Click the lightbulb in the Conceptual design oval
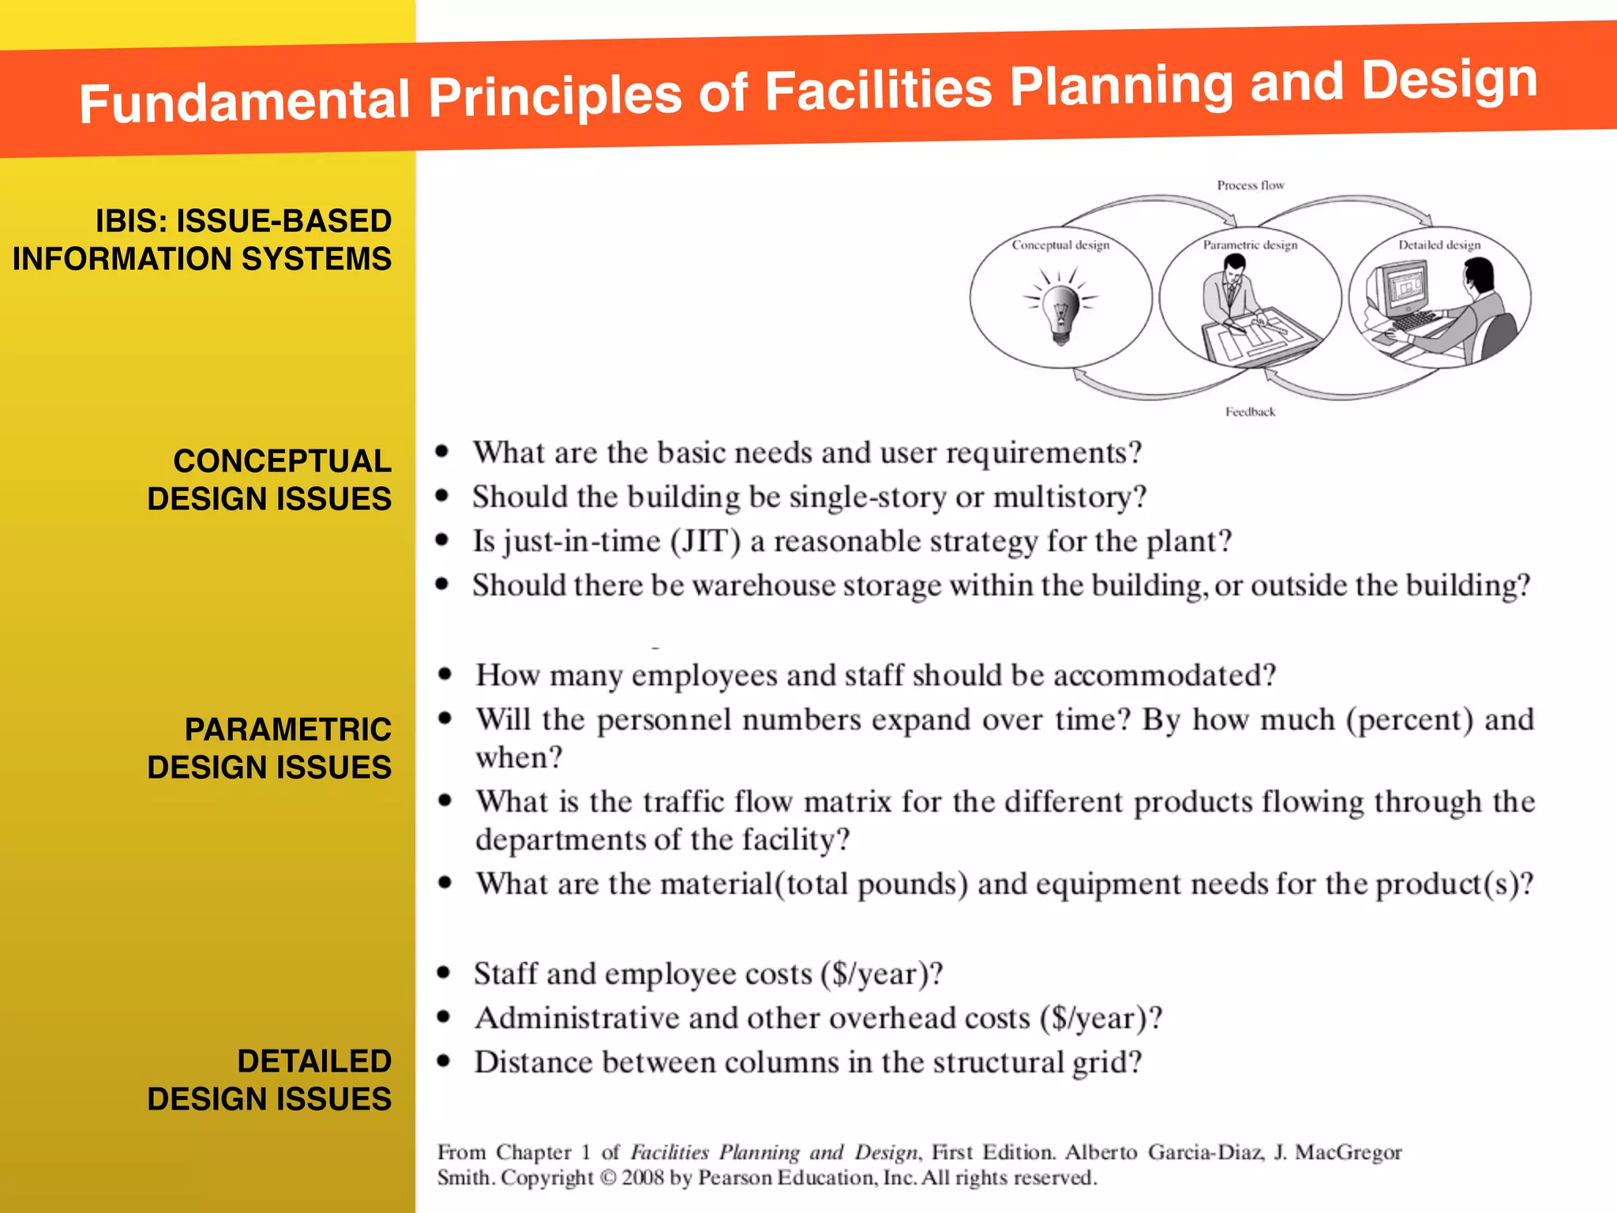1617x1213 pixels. (1060, 310)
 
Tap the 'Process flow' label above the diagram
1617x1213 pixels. (1250, 186)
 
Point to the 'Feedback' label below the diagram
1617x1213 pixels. (1250, 411)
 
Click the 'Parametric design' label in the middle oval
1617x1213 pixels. (1250, 245)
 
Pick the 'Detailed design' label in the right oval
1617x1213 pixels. (1439, 245)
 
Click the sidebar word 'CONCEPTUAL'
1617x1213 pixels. (282, 461)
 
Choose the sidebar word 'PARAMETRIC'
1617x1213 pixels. (287, 730)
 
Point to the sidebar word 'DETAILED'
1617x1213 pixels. (314, 1061)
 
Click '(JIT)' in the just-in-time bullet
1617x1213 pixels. (705, 542)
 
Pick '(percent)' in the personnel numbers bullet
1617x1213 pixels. (1409, 720)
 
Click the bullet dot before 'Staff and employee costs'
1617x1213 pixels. (444, 973)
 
